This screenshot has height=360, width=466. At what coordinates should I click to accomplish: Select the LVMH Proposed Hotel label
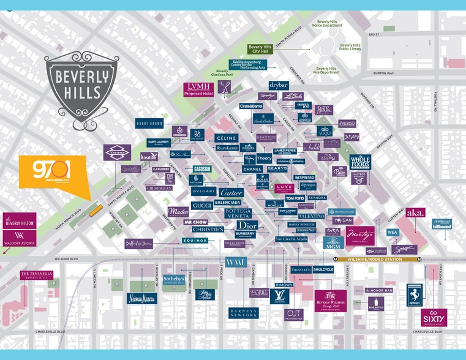coord(198,89)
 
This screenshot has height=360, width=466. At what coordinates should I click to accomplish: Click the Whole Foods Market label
coord(360,162)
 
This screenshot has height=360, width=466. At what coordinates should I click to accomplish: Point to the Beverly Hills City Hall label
coord(260,49)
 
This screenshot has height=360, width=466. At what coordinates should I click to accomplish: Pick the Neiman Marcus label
coord(142,298)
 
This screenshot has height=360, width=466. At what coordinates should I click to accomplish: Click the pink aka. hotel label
coord(415,212)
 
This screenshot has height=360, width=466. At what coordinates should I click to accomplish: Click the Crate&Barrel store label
coord(251,107)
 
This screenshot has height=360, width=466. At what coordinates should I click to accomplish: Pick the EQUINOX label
coord(196,241)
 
